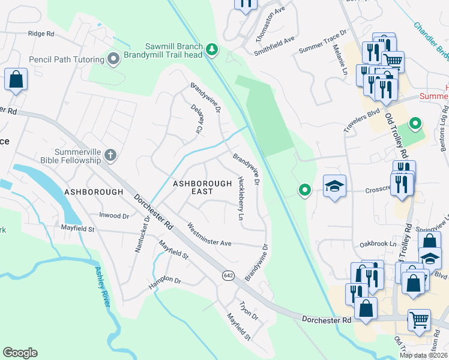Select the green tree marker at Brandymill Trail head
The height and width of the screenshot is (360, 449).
pos(211,49)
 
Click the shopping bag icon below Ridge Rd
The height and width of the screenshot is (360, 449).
pos(16,79)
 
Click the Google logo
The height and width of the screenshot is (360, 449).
pos(20,353)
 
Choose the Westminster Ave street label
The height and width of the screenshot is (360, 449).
pos(209,235)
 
